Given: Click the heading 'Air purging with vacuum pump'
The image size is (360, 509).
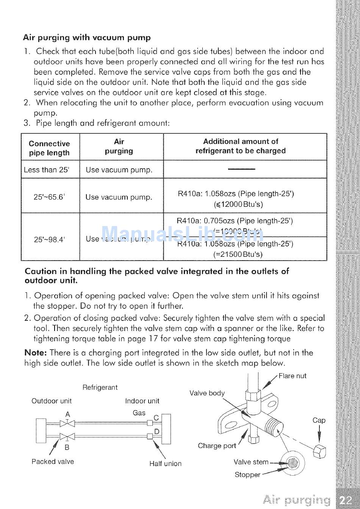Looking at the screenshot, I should pyautogui.click(x=87, y=37).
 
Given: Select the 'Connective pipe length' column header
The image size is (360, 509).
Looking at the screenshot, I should pyautogui.click(x=49, y=148).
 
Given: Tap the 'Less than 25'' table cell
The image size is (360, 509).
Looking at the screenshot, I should pyautogui.click(x=46, y=170).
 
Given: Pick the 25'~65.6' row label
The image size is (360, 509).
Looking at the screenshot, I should pyautogui.click(x=49, y=197).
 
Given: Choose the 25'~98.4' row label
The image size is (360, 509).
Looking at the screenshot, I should pyautogui.click(x=49, y=239).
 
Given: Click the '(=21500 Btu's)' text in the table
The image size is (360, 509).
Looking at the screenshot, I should pyautogui.click(x=238, y=254).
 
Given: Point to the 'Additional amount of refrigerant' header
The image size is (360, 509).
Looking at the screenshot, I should pyautogui.click(x=240, y=146).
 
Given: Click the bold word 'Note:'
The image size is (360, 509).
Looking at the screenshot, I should pyautogui.click(x=35, y=353).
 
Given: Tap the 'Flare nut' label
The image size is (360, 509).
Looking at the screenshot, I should pyautogui.click(x=292, y=376).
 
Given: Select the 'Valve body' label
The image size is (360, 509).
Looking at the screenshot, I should pyautogui.click(x=207, y=393).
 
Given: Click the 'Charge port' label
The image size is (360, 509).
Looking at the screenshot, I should pyautogui.click(x=217, y=446).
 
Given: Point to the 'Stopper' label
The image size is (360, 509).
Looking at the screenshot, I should pyautogui.click(x=247, y=475).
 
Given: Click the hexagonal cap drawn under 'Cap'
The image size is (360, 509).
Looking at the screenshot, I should pyautogui.click(x=319, y=451).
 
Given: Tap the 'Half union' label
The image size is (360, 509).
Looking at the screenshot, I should pyautogui.click(x=165, y=464).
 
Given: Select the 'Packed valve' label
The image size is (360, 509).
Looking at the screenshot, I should pyautogui.click(x=53, y=462).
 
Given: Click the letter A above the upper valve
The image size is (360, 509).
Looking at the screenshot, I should pyautogui.click(x=67, y=414).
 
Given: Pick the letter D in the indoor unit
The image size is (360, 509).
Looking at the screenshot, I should pyautogui.click(x=157, y=432).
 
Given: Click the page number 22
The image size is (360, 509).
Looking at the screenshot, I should pyautogui.click(x=346, y=500).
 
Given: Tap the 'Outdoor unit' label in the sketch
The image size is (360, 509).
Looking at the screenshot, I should pyautogui.click(x=52, y=401).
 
